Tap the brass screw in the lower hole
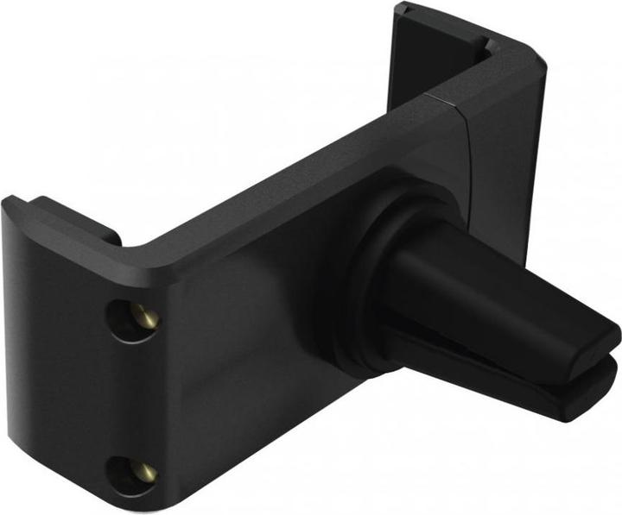(x=148, y=471)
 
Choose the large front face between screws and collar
(x=251, y=345)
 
